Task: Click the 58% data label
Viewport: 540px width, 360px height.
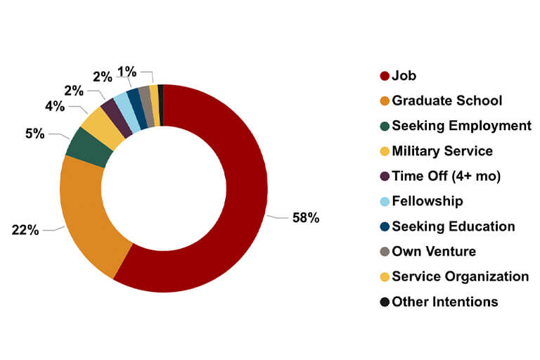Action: click(x=306, y=218)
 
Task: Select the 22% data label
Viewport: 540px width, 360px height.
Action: click(x=25, y=230)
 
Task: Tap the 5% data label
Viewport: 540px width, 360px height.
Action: click(x=35, y=132)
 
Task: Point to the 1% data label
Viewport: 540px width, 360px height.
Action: click(x=127, y=72)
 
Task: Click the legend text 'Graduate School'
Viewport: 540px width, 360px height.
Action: click(x=447, y=101)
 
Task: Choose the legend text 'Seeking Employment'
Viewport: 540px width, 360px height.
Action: click(x=462, y=126)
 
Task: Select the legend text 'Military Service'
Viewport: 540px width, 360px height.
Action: click(x=442, y=151)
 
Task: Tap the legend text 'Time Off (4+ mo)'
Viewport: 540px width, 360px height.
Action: click(x=446, y=176)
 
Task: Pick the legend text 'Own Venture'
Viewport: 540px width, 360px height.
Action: click(x=434, y=252)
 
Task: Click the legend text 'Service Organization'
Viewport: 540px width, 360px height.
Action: click(x=461, y=276)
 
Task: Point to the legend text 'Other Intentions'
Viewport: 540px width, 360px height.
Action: click(x=445, y=302)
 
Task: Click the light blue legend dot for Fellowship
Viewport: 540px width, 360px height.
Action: click(x=385, y=202)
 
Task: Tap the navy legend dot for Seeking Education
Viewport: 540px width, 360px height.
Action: click(x=385, y=226)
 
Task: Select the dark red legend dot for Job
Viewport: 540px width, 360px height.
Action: click(x=385, y=76)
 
